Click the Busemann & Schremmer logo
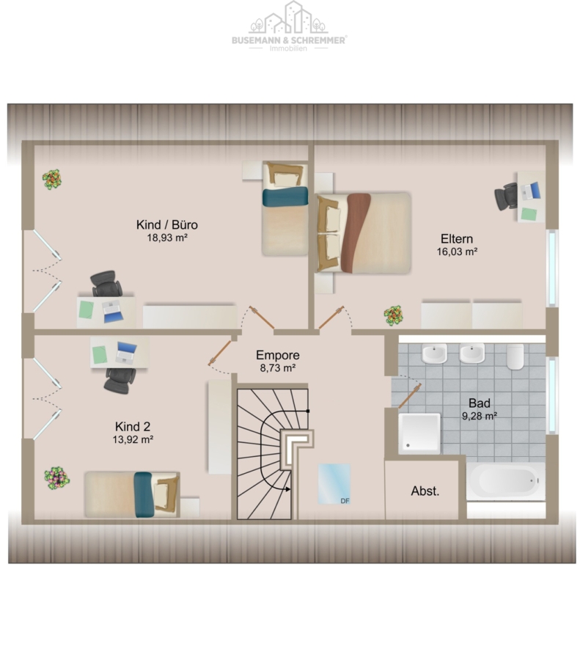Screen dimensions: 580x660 [x=289, y=26]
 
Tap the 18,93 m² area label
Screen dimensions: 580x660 [x=167, y=238]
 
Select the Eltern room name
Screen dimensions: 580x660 [x=457, y=238]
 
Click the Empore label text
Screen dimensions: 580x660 [x=278, y=355]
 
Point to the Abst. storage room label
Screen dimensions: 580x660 [x=425, y=491]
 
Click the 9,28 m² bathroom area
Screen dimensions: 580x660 [x=480, y=416]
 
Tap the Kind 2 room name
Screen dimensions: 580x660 [x=133, y=426]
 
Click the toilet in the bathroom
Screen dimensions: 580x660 [x=515, y=356]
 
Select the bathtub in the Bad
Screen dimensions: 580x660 [x=506, y=481]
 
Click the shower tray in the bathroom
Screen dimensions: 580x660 [x=419, y=433]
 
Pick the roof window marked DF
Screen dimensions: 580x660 [x=334, y=484]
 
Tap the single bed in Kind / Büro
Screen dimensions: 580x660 [x=285, y=209]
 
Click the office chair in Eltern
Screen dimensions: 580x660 [x=506, y=196]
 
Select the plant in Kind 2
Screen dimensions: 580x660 [x=56, y=478]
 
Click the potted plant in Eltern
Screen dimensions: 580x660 [x=393, y=315]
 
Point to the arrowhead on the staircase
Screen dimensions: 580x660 [x=287, y=489]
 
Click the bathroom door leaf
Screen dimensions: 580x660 [x=410, y=396]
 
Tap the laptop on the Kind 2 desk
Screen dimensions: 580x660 [x=126, y=353]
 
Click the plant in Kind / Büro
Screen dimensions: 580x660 [x=52, y=180]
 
